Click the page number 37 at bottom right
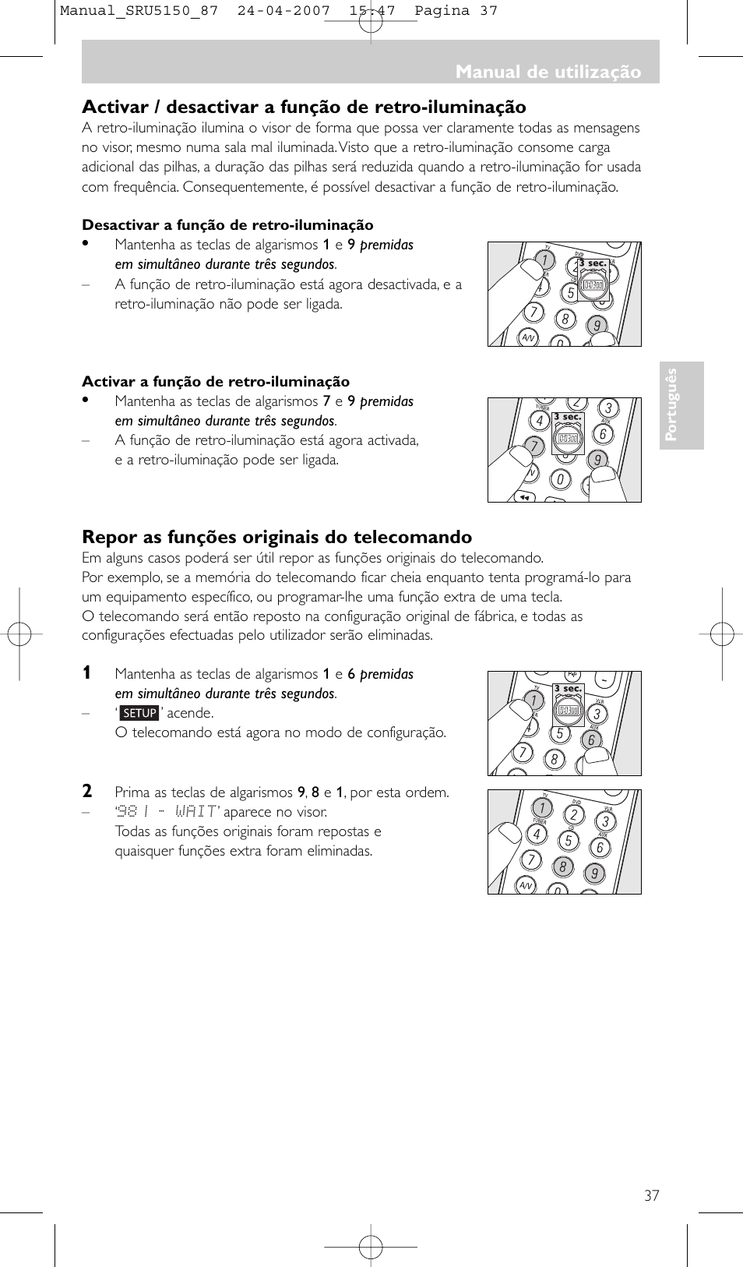[x=651, y=1195]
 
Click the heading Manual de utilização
[x=548, y=72]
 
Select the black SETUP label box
[x=140, y=713]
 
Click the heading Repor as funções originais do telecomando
[x=276, y=537]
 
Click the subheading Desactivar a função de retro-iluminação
[x=227, y=225]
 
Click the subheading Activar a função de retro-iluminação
[x=216, y=382]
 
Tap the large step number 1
[x=87, y=672]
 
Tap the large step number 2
[x=87, y=791]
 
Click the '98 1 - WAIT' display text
[x=167, y=812]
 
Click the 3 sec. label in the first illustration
[x=593, y=263]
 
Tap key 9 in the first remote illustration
[x=597, y=326]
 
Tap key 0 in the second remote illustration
[x=559, y=480]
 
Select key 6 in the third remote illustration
[x=591, y=739]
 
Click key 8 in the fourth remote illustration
[x=562, y=866]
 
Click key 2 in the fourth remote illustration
[x=574, y=815]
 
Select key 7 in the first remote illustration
[x=533, y=312]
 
